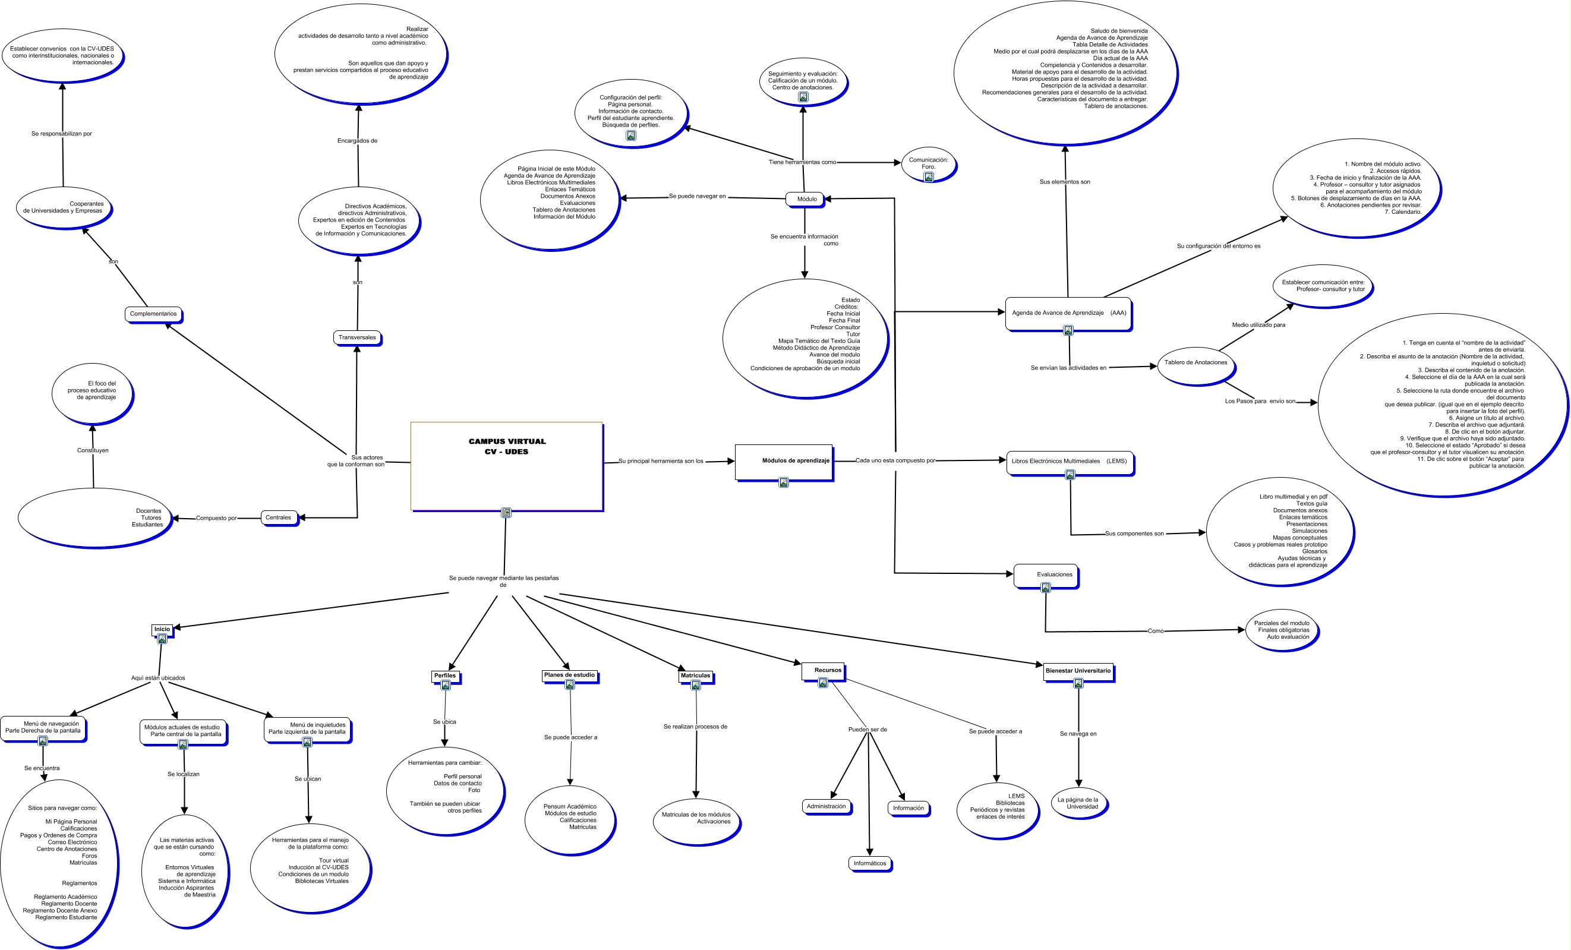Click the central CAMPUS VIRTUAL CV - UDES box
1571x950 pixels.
506,465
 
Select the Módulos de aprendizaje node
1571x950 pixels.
784,461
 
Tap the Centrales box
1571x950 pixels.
279,517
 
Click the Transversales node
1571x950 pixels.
357,337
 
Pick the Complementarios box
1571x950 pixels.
153,314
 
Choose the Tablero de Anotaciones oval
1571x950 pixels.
1195,364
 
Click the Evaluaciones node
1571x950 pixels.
1046,575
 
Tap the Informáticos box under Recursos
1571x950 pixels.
870,863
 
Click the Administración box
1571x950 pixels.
826,807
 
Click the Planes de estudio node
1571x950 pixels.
569,674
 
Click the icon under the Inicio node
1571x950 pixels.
162,639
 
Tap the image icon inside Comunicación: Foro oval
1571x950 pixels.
928,177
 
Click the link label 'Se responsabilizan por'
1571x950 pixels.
62,134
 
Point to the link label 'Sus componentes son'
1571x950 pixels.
1134,534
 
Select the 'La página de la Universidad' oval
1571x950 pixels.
1079,803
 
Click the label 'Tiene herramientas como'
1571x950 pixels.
802,162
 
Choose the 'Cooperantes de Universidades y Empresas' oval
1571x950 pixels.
63,207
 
